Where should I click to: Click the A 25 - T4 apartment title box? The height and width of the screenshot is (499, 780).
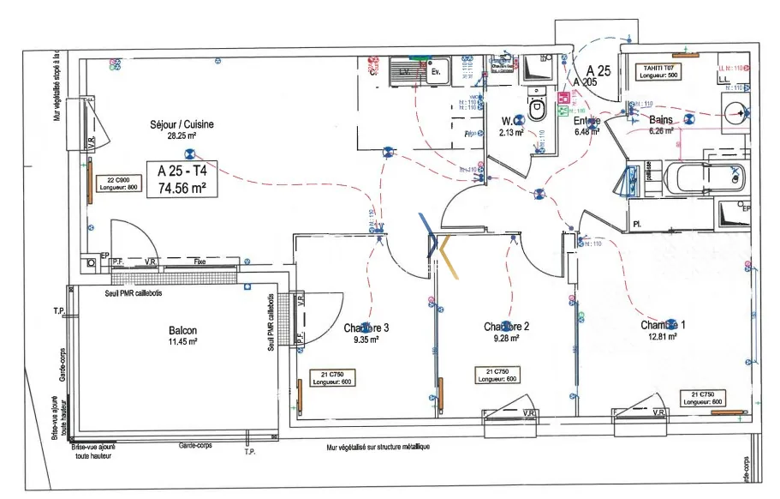tap(182, 180)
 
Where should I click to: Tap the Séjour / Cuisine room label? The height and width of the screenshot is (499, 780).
tap(182, 124)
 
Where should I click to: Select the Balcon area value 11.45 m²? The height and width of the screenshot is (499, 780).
tap(182, 342)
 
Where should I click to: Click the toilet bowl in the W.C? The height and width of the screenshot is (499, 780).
tap(538, 109)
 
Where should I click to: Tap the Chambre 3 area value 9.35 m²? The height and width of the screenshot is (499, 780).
tap(366, 340)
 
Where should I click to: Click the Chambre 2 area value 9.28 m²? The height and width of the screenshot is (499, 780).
tap(506, 338)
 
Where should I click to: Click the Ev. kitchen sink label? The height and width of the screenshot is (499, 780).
tap(436, 71)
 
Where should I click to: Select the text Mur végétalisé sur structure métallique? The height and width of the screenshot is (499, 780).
tap(378, 448)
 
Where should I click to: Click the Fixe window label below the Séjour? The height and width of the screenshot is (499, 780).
tap(199, 261)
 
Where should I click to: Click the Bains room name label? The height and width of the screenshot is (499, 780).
tap(660, 120)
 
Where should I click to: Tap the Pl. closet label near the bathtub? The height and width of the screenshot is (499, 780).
tap(637, 225)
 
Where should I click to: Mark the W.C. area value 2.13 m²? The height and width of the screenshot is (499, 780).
tap(511, 132)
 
